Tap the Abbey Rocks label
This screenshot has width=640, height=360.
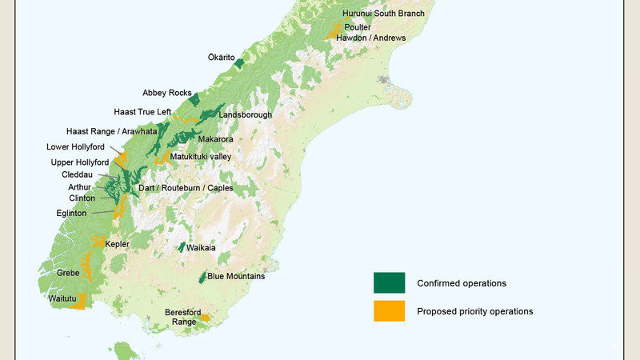pos(167,94)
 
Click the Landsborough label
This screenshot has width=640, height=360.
pos(245,115)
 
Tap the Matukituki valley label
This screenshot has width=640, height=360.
pos(200,157)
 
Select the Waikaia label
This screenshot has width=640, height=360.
pos(201,248)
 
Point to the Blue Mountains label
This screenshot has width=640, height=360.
pos(236,277)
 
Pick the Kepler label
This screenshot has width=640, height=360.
pos(118,244)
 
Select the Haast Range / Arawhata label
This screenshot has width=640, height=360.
pos(110,131)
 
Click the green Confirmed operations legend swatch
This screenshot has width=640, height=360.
pos(389,283)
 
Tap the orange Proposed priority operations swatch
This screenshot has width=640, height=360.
pos(389,311)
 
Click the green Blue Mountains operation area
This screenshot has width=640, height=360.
pos(202,278)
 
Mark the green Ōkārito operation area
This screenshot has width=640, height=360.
pos(238,62)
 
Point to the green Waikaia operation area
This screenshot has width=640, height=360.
pos(182,248)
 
